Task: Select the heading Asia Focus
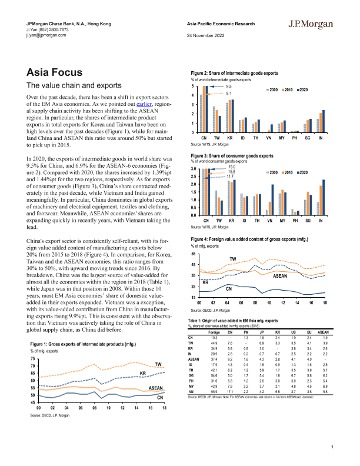pos(55,72)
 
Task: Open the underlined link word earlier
pos(144,103)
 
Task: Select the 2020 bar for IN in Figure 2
pos(324,120)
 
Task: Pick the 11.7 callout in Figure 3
pos(231,177)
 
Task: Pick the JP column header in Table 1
pos(262,332)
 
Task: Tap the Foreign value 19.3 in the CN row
pos(213,337)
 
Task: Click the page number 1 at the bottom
pos(333,447)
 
